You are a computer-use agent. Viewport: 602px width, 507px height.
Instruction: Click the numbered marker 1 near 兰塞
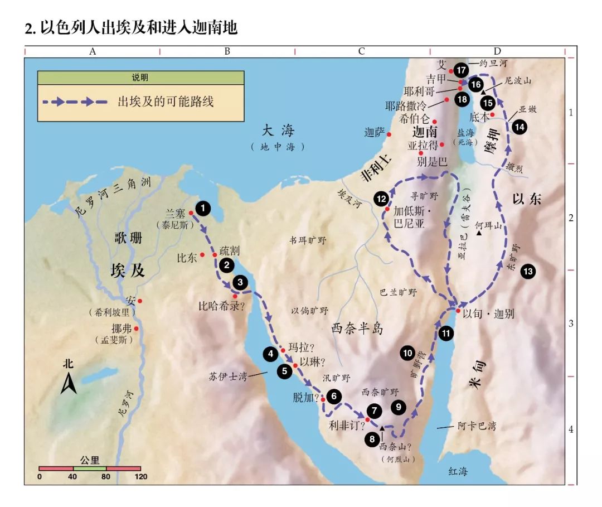click(x=203, y=209)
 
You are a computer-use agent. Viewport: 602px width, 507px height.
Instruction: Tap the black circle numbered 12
click(x=381, y=199)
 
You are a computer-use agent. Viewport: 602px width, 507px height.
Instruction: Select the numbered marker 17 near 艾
click(x=460, y=70)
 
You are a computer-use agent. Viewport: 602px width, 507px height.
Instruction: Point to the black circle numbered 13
click(x=527, y=272)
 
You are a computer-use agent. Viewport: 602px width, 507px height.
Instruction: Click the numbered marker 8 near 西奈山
click(x=372, y=439)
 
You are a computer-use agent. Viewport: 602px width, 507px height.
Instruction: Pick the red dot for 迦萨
click(x=389, y=134)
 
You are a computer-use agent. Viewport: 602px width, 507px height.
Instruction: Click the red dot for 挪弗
click(x=136, y=329)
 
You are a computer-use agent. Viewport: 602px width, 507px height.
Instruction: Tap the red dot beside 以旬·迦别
click(x=458, y=311)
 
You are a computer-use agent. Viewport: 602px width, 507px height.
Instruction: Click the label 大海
click(x=278, y=132)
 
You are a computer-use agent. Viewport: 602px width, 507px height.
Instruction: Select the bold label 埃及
click(x=128, y=271)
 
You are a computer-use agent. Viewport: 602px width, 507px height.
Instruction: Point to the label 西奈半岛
click(x=357, y=328)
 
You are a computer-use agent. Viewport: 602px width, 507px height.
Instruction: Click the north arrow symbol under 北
click(x=69, y=384)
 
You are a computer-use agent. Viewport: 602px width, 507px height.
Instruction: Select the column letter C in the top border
click(x=361, y=51)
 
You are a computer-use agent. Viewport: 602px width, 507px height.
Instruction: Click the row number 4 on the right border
click(x=570, y=429)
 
